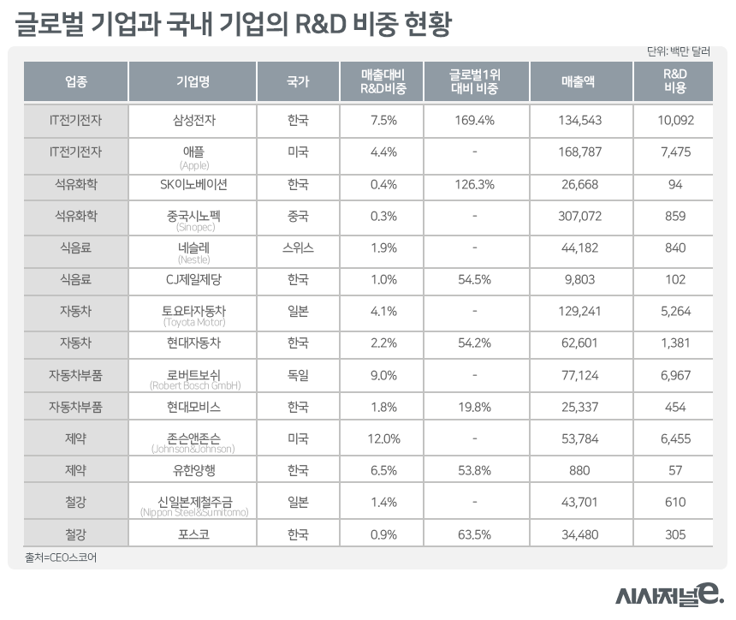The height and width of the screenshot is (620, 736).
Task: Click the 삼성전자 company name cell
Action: (192, 121)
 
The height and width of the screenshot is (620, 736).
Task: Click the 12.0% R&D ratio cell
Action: (383, 439)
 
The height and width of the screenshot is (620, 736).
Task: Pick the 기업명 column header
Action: (192, 81)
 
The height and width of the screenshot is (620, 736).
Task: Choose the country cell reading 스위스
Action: (297, 247)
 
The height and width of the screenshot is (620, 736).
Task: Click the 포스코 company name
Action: (192, 534)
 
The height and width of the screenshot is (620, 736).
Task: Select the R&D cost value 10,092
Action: (674, 121)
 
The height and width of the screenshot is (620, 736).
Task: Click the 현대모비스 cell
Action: (192, 407)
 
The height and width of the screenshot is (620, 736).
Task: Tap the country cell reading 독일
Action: (297, 375)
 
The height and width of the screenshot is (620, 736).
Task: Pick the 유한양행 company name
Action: (192, 471)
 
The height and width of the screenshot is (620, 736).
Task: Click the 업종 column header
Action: (75, 81)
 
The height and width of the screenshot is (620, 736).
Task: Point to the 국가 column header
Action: (297, 81)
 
